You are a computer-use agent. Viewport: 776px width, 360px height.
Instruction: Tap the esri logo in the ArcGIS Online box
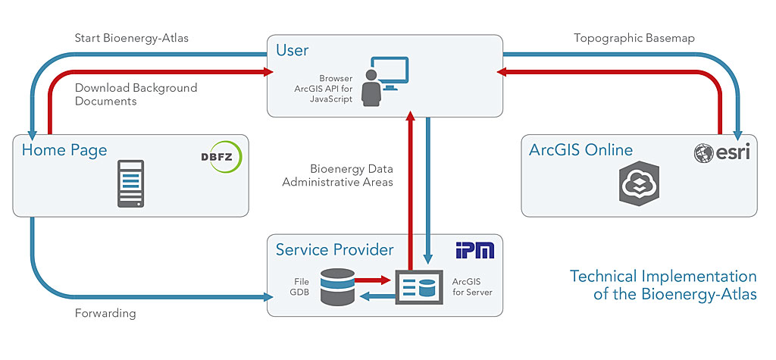(x=721, y=153)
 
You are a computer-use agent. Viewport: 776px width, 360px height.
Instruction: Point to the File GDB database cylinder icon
(x=336, y=287)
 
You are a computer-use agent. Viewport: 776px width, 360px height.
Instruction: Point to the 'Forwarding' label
(x=105, y=312)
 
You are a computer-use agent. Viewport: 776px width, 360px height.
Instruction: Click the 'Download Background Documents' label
(x=136, y=94)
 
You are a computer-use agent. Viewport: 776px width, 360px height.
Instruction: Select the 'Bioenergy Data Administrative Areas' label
(x=337, y=175)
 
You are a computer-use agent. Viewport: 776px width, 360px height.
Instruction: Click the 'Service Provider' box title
(x=334, y=249)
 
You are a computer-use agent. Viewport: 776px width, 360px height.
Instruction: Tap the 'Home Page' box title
(x=64, y=149)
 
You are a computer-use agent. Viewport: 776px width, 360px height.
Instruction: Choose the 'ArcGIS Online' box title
(x=580, y=149)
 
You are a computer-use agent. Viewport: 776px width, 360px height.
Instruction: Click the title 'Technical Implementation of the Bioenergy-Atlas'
(x=663, y=285)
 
